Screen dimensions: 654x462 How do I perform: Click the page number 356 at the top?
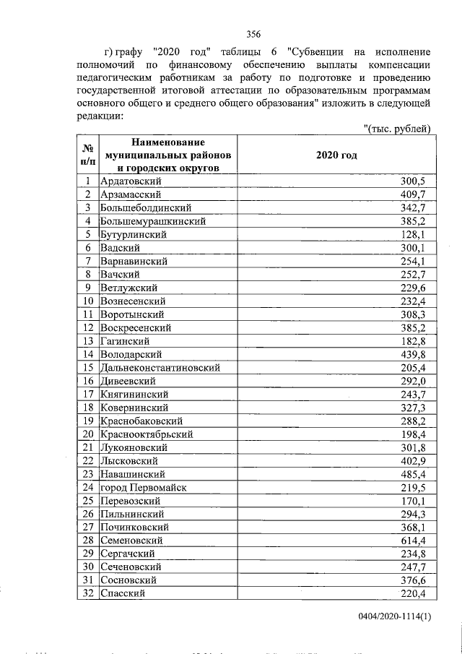click(x=253, y=33)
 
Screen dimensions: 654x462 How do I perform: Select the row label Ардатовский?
click(x=131, y=181)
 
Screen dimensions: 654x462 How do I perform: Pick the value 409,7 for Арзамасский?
click(x=415, y=194)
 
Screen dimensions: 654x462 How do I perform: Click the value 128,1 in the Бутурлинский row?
click(x=415, y=234)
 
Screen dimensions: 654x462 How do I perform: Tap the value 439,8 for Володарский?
click(x=415, y=354)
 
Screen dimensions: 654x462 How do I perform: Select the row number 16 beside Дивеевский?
click(x=88, y=381)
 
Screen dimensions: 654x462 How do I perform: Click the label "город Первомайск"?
click(x=144, y=487)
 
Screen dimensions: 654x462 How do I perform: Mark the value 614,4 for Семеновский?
click(x=415, y=541)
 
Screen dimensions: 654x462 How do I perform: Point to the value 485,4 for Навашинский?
click(x=415, y=474)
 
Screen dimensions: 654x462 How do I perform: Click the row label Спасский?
click(x=122, y=593)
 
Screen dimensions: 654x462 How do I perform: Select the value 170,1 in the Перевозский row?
click(x=415, y=501)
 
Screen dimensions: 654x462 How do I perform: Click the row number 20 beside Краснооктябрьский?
click(x=88, y=434)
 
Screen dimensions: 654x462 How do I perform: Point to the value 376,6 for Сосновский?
click(x=415, y=580)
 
